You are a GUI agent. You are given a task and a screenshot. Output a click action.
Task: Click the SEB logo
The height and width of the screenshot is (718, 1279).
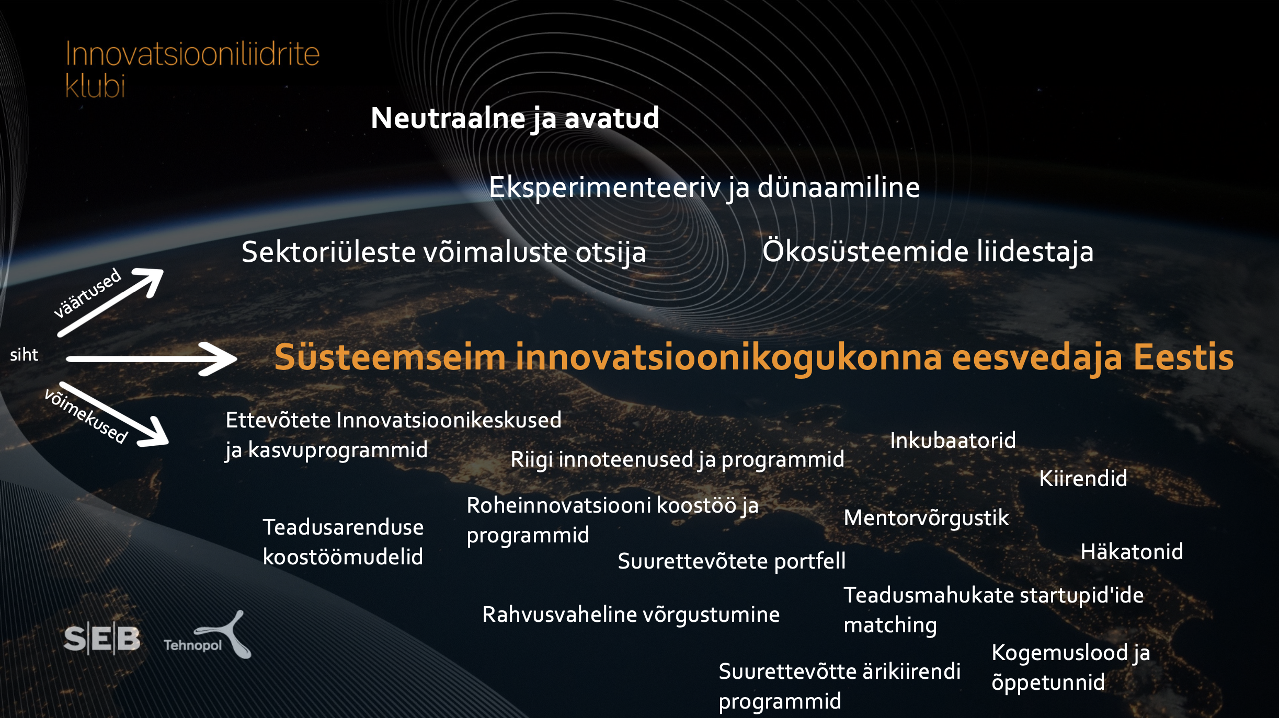[102, 638]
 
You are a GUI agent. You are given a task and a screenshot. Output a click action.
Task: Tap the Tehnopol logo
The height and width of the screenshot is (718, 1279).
[208, 635]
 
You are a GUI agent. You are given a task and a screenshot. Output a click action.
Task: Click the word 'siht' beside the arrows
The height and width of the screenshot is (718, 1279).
[24, 355]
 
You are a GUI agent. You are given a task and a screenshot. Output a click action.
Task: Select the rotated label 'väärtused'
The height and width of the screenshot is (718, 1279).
[87, 293]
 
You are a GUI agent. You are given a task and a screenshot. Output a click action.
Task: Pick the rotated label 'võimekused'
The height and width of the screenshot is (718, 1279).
[86, 416]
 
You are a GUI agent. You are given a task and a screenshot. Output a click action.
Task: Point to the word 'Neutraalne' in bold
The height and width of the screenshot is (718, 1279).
[448, 118]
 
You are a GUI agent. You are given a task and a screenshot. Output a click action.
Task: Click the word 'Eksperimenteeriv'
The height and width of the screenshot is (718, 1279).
[605, 187]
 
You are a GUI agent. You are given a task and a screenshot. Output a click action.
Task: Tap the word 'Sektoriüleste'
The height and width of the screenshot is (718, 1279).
[328, 252]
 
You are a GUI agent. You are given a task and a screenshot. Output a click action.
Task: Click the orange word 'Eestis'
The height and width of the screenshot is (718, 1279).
[1183, 357]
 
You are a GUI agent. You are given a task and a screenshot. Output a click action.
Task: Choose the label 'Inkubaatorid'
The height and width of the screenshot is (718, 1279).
[953, 441]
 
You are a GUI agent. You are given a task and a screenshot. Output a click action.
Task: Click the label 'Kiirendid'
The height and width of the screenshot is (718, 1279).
[1083, 478]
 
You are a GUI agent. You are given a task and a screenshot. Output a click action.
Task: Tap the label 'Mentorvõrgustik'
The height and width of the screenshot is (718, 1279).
[926, 518]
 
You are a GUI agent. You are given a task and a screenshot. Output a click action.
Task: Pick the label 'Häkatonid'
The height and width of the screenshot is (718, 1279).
[1132, 551]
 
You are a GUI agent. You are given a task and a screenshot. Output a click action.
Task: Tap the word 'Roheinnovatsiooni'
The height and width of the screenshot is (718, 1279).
[558, 505]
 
